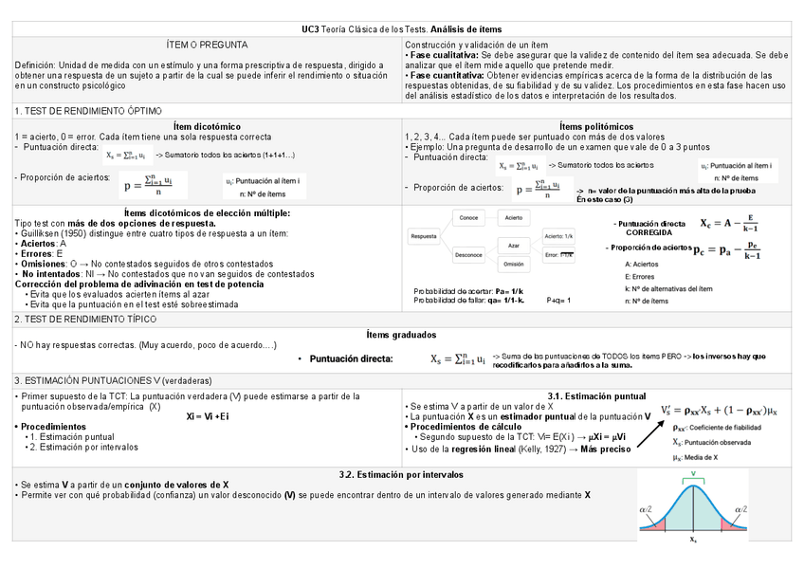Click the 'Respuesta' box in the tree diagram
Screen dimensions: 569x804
pos(424,236)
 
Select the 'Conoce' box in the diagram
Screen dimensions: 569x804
pos(468,218)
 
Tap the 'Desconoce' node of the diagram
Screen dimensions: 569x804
pos(468,254)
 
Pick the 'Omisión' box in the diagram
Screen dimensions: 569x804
pos(514,265)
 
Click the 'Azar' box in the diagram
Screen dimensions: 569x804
pos(514,245)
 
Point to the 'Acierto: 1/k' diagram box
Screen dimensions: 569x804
pos(558,235)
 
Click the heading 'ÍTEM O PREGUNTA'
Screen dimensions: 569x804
pos(207,45)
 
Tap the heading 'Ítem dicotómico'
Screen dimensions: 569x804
pos(207,126)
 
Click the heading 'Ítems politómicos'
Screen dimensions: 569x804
pos(596,126)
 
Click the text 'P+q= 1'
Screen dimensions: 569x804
pos(559,300)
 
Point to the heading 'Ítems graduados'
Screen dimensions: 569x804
pos(401,335)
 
